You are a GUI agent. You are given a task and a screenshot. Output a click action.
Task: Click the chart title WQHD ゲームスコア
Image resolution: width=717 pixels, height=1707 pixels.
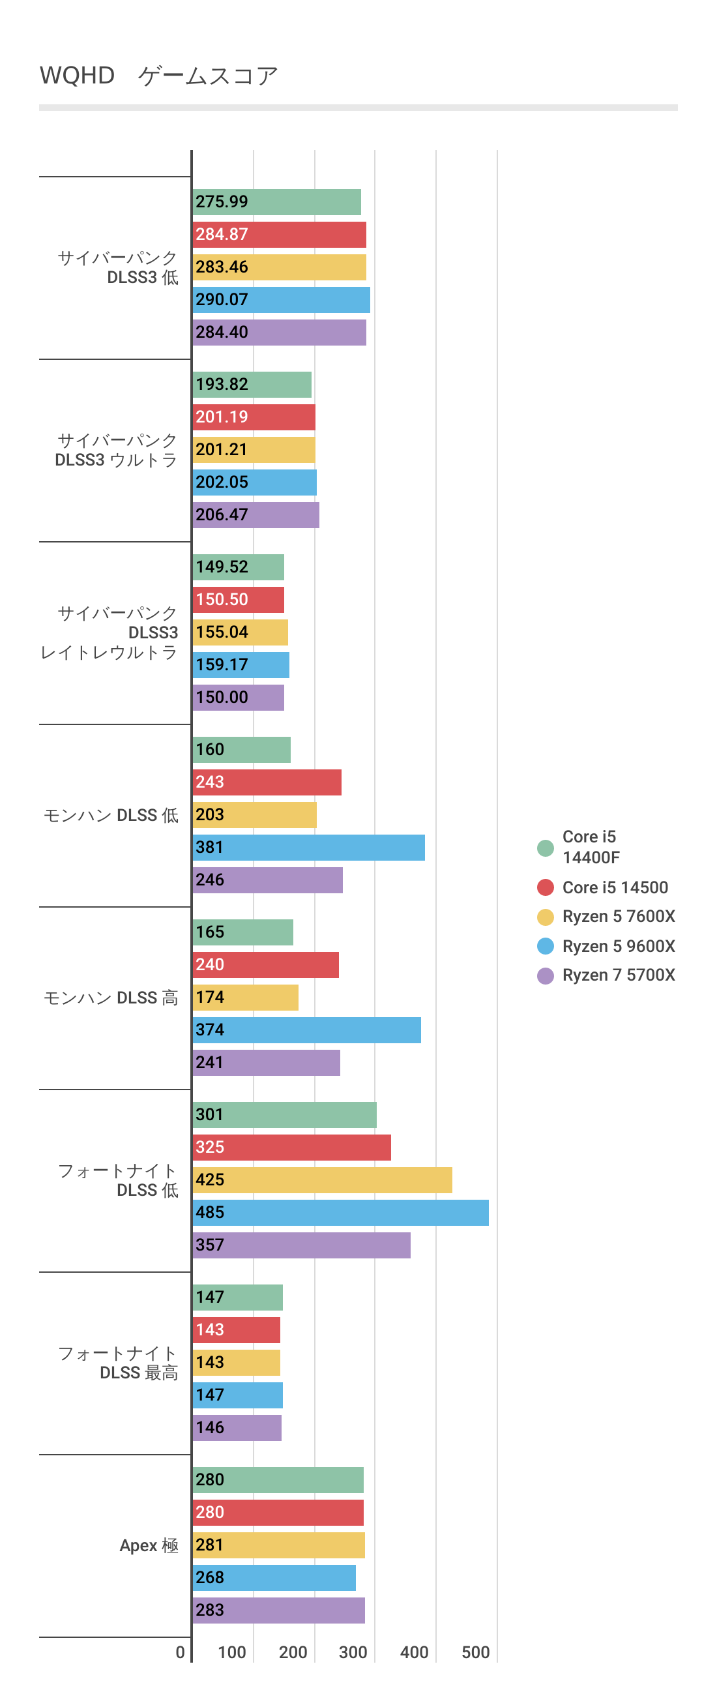pos(159,76)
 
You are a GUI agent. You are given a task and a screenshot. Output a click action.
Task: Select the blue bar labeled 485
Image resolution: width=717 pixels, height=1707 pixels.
pos(341,1212)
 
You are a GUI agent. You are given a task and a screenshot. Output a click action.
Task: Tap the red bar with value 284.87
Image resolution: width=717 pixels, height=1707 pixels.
pos(279,235)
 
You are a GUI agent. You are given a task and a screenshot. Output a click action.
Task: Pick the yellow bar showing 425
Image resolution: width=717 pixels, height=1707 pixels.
pos(322,1180)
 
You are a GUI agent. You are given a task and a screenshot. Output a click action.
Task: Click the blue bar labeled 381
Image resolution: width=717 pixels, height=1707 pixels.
pos(309,848)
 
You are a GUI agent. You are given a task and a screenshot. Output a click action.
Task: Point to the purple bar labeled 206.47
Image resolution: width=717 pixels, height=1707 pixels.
pos(256,515)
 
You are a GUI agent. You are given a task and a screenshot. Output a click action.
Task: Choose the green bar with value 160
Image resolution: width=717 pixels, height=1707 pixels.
pos(242,749)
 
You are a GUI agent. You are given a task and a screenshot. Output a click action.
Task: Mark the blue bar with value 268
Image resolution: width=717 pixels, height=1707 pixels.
pos(274,1577)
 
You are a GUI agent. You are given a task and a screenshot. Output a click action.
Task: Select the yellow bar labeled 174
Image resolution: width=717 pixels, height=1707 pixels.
pos(245,998)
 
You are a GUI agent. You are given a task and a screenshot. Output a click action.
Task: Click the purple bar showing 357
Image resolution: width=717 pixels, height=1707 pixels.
pos(302,1245)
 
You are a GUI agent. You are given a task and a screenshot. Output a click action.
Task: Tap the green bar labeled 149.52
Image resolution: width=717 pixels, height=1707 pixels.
pos(239,567)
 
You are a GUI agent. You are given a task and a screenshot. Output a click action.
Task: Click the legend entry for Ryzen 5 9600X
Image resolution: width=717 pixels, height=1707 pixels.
pos(619,946)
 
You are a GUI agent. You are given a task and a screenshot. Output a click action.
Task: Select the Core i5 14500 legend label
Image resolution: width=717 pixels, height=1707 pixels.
pos(615,887)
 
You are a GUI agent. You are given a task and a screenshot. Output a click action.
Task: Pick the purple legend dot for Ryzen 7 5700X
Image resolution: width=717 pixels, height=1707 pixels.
pos(546,975)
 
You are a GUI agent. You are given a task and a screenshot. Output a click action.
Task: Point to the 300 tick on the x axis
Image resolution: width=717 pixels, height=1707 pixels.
pos(353,1652)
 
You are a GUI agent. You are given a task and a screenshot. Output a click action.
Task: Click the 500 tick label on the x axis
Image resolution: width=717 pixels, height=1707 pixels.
pos(475,1652)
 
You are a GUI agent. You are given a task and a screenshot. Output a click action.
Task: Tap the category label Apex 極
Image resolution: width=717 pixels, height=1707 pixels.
pos(149,1545)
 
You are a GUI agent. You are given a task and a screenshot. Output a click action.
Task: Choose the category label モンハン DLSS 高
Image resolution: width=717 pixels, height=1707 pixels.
pos(111,998)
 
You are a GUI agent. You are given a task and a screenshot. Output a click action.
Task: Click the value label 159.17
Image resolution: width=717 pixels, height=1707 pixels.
pos(222,664)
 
